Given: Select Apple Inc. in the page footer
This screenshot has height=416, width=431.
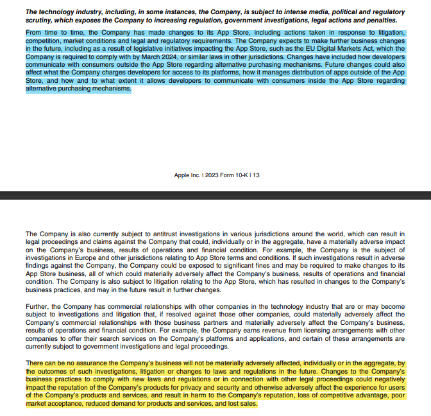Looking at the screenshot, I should (187, 175).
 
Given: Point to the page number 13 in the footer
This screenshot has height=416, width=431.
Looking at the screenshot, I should (256, 175).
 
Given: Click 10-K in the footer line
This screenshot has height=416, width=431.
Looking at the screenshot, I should (239, 175).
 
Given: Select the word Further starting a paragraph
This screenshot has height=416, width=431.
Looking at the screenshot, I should (37, 308).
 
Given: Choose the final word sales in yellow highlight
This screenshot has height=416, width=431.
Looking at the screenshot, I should (248, 404).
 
